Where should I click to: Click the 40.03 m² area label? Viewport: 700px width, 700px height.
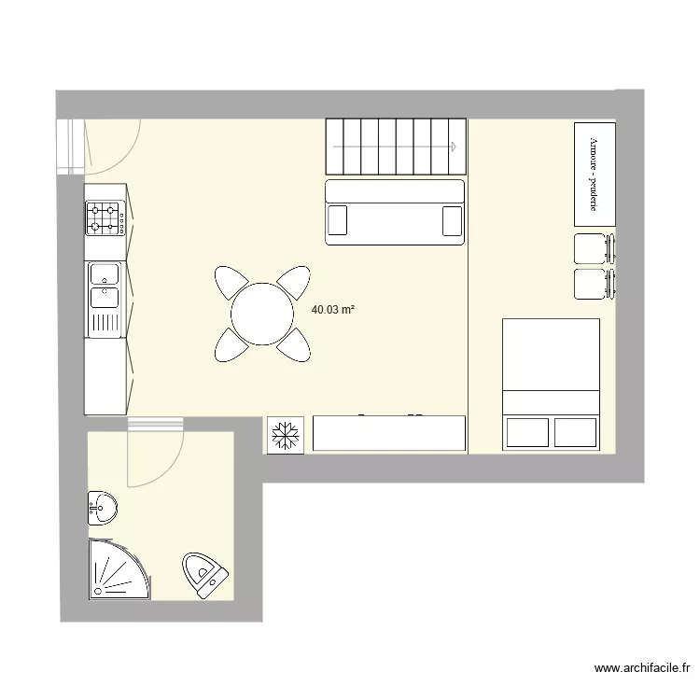pos(333,309)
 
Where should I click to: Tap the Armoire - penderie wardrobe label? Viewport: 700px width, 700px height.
pos(594,174)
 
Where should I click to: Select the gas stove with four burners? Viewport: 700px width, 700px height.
pos(105,218)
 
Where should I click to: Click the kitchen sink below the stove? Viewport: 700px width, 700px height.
pos(105,286)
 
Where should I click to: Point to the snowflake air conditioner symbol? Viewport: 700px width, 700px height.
pos(285,435)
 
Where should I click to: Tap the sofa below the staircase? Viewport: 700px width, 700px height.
pos(395,212)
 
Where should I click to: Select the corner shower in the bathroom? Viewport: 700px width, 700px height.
pos(118,568)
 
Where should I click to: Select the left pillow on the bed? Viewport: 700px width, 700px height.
pos(527,432)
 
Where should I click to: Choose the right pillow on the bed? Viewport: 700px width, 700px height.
pos(575,432)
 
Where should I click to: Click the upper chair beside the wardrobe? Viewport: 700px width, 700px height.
pos(592,249)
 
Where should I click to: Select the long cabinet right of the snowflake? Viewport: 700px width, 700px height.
pos(389,433)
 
